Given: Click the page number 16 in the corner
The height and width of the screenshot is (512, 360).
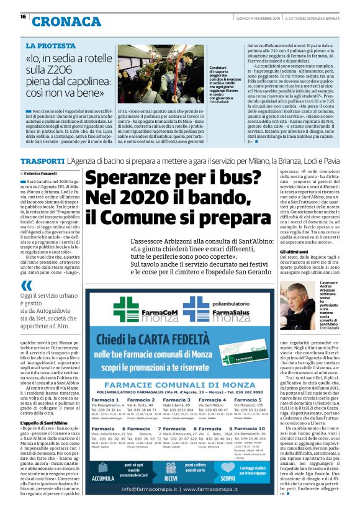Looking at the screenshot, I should click(23, 17).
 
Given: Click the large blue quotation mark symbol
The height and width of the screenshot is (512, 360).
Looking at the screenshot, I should click(26, 285).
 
